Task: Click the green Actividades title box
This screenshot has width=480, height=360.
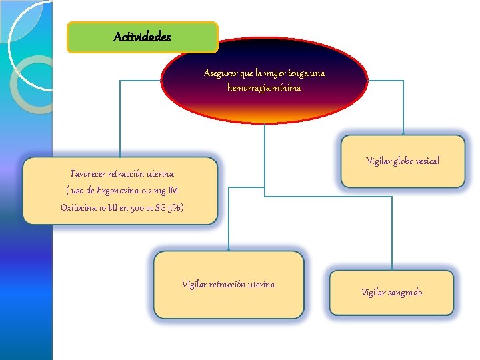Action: click(143, 37)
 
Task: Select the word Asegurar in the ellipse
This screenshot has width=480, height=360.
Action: click(219, 73)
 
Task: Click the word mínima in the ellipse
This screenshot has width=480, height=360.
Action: click(291, 87)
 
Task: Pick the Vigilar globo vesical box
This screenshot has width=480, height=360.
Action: click(403, 161)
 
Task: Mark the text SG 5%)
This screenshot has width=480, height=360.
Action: click(171, 208)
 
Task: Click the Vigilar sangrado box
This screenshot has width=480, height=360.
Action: click(391, 292)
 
